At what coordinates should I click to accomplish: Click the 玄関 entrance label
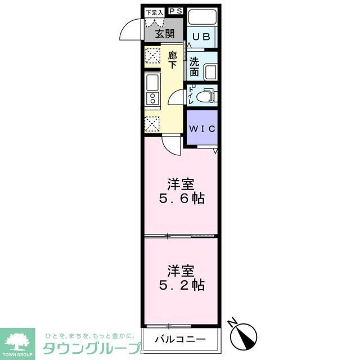coord(165,34)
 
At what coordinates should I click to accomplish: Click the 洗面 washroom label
coord(194,67)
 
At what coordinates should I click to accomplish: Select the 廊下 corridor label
coord(172,60)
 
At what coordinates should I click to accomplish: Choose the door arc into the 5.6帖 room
coord(171,145)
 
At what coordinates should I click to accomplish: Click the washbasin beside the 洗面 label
coord(210,73)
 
